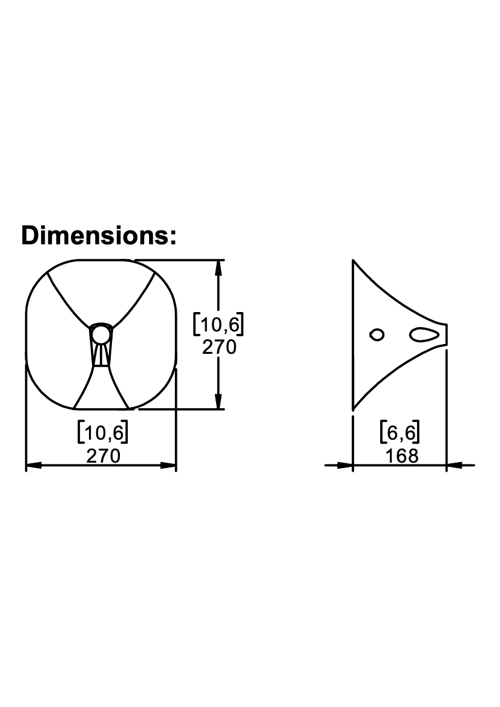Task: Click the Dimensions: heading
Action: point(99,236)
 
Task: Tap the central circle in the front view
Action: point(100,335)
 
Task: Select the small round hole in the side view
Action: point(377,334)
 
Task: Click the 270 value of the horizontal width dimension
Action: point(104,455)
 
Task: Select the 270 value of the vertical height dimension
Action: point(219,347)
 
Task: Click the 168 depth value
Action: point(401,456)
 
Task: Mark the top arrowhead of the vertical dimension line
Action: point(219,269)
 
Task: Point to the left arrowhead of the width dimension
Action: point(35,465)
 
